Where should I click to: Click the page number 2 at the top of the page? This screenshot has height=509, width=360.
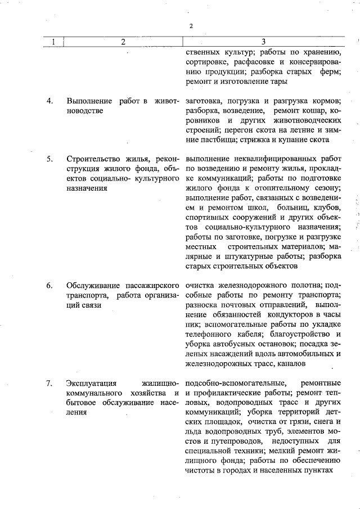point(191,26)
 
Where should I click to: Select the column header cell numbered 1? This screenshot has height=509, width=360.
point(53,42)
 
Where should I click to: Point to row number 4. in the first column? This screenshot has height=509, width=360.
point(50,101)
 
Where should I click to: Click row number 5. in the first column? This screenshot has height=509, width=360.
point(50,159)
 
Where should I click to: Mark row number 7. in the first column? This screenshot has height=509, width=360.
point(50,383)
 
